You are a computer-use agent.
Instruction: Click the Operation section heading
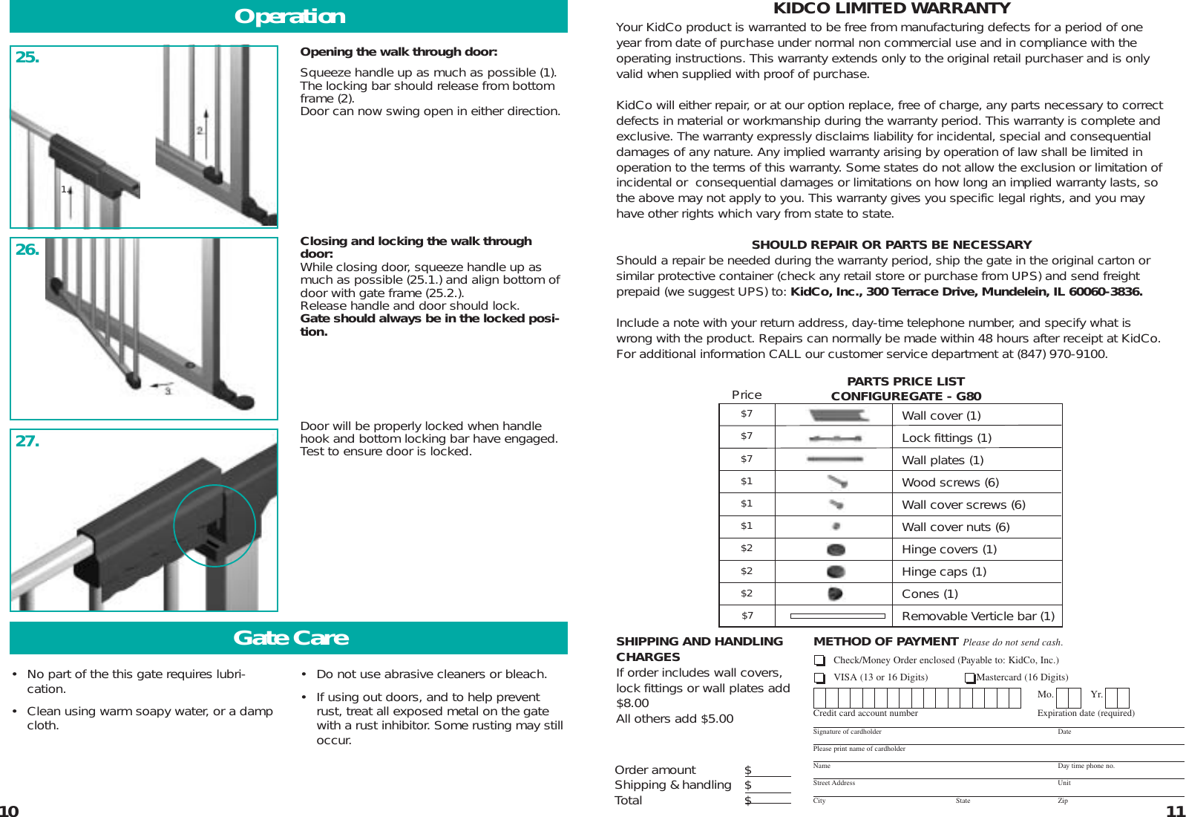point(289,16)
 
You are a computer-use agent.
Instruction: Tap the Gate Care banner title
point(290,638)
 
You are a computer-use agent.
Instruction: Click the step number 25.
point(27,57)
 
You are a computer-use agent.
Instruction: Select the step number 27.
point(27,441)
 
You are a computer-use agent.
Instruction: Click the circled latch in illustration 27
point(214,526)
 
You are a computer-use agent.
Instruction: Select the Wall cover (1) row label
point(941,416)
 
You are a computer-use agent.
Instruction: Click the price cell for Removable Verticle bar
point(747,616)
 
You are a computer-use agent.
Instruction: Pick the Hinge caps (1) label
point(943,572)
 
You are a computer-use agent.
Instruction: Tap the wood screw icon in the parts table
point(837,482)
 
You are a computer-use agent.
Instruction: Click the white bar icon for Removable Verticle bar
point(837,616)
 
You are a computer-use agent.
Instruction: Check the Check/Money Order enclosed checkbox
point(819,660)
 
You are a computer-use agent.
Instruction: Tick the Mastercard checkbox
point(970,678)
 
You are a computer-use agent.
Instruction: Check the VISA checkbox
point(819,678)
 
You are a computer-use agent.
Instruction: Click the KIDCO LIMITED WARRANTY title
point(891,8)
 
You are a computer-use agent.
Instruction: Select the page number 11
point(1175,811)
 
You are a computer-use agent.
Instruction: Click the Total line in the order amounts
point(628,801)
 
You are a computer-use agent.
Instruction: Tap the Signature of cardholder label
point(847,732)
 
